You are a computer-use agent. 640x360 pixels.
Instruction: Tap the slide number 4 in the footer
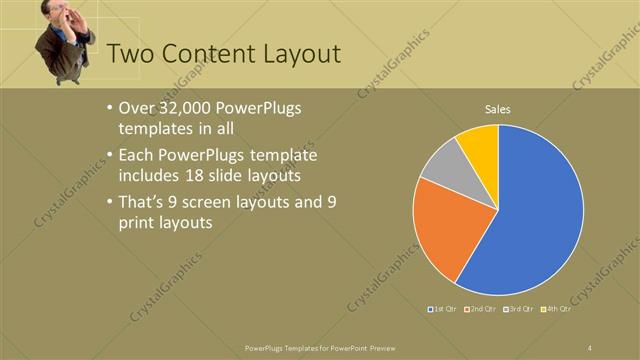590,347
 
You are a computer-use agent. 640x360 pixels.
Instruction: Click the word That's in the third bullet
140,203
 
